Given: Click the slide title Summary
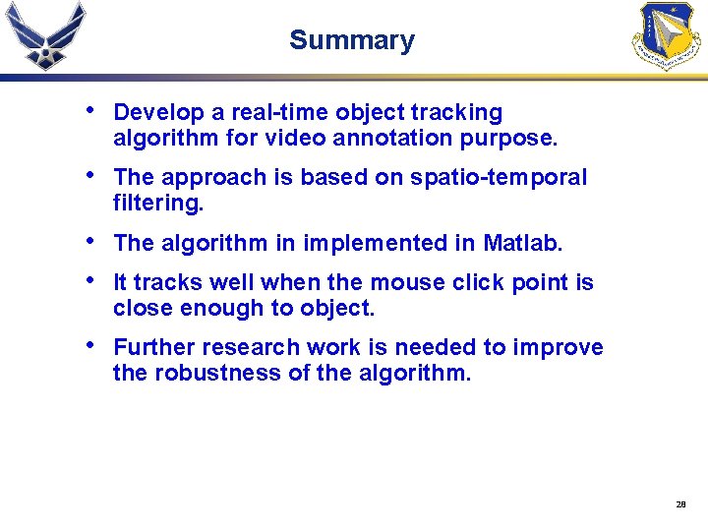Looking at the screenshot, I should pyautogui.click(x=352, y=40).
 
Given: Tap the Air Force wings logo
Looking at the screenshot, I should pyautogui.click(x=45, y=36).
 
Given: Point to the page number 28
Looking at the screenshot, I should pyautogui.click(x=680, y=504).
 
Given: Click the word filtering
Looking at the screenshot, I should pyautogui.click(x=157, y=204).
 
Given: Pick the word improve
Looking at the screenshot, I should pyautogui.click(x=566, y=347).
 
